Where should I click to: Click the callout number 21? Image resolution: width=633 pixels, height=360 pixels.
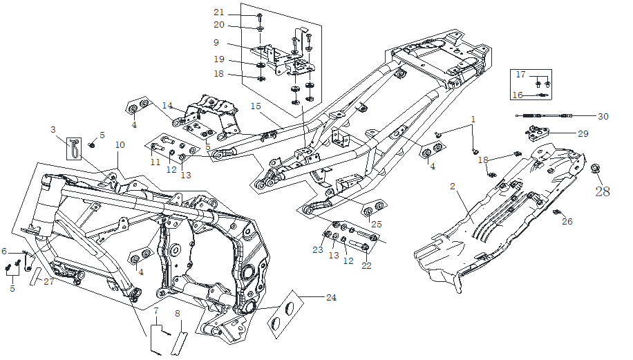coord(218,12)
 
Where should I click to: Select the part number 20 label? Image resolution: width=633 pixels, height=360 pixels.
coord(218,25)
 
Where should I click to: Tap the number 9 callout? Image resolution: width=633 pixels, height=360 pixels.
coord(216,42)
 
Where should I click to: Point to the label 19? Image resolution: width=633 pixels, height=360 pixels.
coord(218,59)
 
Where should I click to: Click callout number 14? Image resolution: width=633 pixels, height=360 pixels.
coord(167,105)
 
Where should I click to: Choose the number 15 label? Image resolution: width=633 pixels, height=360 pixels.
coord(256,106)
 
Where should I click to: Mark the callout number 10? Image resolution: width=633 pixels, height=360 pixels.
coord(120,145)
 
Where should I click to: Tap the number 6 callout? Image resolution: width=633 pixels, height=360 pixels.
coord(4,251)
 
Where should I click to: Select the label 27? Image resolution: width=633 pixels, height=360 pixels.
coord(48,281)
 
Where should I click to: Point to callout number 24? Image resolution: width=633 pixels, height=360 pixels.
coord(331,298)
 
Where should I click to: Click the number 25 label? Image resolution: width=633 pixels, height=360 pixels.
coord(376,224)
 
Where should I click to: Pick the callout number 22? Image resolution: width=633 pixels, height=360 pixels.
coord(366,265)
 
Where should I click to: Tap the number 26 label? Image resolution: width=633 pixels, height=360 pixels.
coord(567,222)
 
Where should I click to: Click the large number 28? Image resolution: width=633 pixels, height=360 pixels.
coord(603,191)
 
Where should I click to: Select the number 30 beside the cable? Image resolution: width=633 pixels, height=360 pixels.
coord(603,116)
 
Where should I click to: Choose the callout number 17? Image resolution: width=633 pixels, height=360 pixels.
coord(520,74)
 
